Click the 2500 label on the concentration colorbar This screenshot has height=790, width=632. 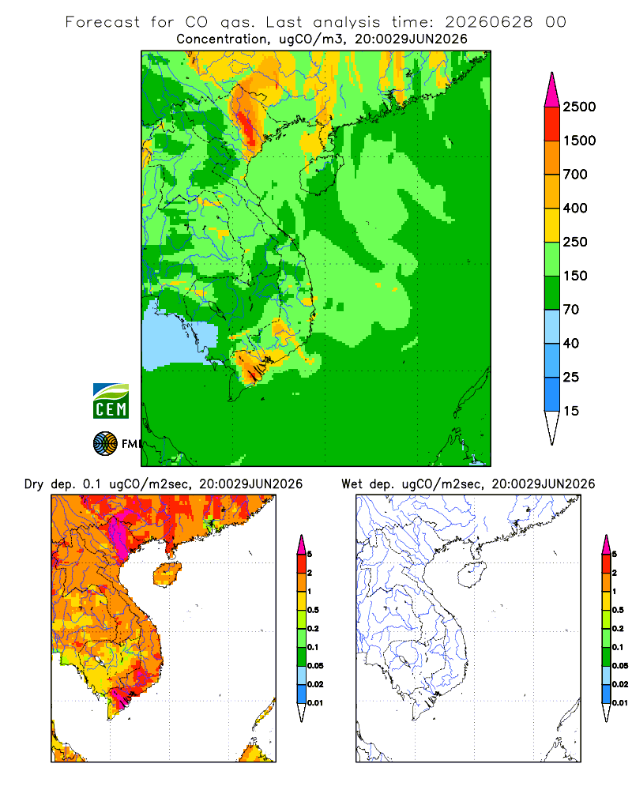click(579, 107)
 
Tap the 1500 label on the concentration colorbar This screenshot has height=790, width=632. click(579, 141)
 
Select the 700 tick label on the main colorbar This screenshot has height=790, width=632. click(575, 175)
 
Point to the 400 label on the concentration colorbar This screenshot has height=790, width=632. click(575, 208)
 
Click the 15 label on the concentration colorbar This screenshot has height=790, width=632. click(571, 411)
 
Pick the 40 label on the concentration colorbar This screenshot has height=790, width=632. click(571, 344)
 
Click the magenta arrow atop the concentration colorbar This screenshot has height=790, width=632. click(552, 90)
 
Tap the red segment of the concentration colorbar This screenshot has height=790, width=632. click(552, 124)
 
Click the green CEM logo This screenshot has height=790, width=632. click(111, 401)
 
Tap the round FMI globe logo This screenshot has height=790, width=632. click(105, 444)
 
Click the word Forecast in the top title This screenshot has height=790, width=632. click(103, 22)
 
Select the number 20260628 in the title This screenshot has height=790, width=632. click(489, 22)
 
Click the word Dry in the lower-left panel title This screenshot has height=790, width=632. click(34, 484)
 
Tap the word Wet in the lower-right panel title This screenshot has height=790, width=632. click(352, 484)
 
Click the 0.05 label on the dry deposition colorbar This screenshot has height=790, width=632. click(315, 666)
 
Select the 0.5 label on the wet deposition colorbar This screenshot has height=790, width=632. click(618, 610)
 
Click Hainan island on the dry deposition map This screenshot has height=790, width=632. click(167, 574)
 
